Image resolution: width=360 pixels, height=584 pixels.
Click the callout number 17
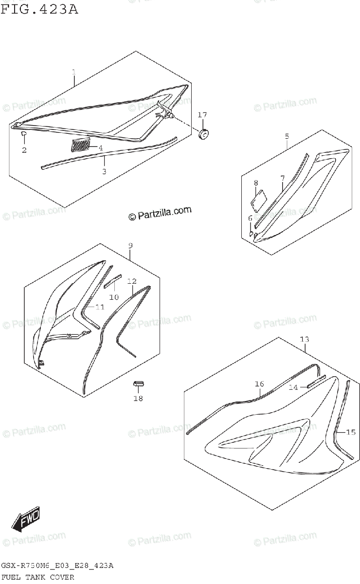click(202, 114)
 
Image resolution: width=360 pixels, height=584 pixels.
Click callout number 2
click(24, 150)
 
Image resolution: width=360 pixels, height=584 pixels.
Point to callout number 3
click(104, 171)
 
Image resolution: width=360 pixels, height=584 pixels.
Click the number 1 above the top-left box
click(73, 73)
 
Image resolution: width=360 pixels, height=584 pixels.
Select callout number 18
click(138, 399)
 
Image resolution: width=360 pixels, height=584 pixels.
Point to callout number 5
click(287, 136)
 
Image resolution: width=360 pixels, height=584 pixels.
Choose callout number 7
click(282, 179)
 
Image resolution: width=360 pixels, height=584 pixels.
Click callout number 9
click(130, 246)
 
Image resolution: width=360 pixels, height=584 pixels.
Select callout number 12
click(132, 281)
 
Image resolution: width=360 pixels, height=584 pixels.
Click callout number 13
click(304, 339)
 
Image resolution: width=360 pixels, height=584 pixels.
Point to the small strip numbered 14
click(316, 381)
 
